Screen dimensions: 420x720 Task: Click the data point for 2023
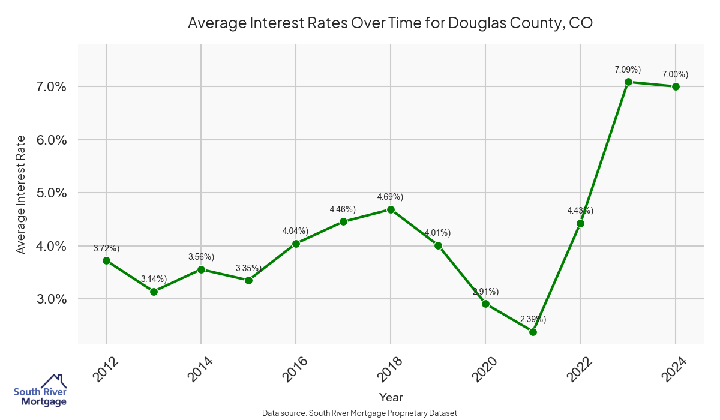pos(628,82)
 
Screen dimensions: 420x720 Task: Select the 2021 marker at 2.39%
pos(533,332)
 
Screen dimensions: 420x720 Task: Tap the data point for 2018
pos(391,209)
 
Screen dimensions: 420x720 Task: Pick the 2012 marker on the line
pos(106,260)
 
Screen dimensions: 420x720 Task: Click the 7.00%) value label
pos(675,74)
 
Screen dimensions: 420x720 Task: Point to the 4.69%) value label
pos(390,197)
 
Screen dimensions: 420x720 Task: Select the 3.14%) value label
pos(154,278)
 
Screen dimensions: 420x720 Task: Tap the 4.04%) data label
pos(295,231)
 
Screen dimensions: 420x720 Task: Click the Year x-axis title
pos(391,397)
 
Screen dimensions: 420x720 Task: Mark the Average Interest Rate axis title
pos(21,194)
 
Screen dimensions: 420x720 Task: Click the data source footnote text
pos(360,413)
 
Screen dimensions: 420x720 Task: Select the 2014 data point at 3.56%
pos(201,269)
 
